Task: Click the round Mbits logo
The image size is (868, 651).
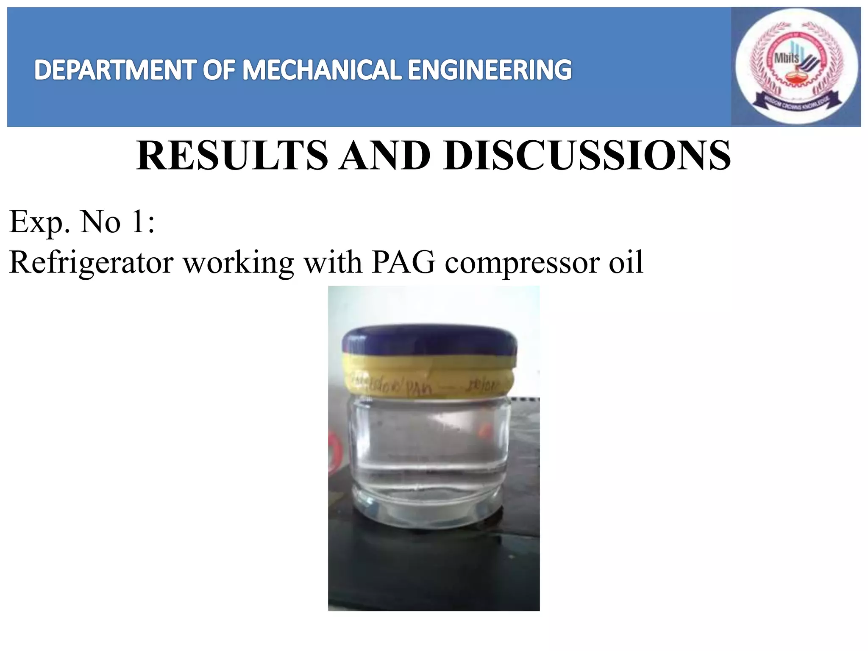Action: [796, 67]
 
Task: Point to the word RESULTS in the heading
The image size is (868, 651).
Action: [232, 156]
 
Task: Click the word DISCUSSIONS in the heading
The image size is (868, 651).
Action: [587, 156]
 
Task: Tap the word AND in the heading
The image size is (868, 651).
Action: [385, 156]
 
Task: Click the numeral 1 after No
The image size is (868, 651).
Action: [138, 221]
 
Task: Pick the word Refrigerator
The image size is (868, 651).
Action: [91, 263]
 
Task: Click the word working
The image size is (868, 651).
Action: [238, 263]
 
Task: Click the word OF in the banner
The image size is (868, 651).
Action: [218, 70]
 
